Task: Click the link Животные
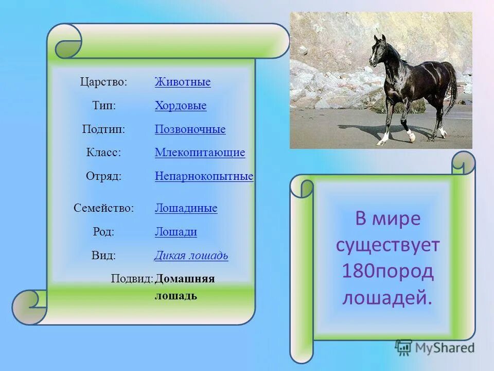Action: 183,82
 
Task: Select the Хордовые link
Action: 181,105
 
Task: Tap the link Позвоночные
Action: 190,129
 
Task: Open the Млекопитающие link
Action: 200,153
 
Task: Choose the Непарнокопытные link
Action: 204,176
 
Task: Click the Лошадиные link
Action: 186,208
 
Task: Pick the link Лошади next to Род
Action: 176,232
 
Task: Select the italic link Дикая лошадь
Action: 191,255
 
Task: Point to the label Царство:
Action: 103,82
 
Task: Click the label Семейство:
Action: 103,208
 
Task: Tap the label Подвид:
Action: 132,279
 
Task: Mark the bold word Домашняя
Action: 185,279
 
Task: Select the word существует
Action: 387,245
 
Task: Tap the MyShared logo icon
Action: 403,348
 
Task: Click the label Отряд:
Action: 103,176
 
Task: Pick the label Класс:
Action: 103,153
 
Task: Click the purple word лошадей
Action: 387,298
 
